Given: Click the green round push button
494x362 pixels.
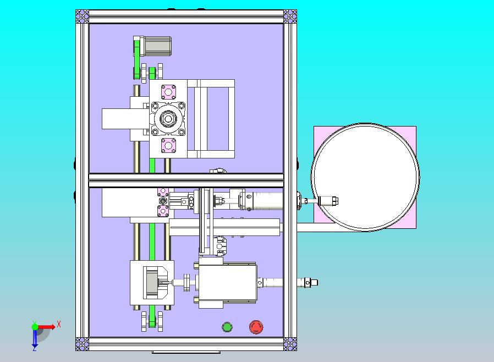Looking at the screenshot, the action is [227, 327].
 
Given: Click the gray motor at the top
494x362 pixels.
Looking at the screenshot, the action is [157, 46].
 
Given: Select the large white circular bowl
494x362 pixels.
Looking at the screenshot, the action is [365, 177].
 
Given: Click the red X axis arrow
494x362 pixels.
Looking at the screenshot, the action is [47, 327].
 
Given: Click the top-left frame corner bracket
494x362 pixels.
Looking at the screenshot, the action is [82, 17].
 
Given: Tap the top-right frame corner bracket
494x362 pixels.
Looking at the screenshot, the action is [290, 17].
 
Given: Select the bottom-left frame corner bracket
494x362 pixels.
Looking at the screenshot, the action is [82, 344].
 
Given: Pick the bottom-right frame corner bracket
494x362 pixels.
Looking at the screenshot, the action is [290, 344].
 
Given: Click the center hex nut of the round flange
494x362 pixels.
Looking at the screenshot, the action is [168, 119].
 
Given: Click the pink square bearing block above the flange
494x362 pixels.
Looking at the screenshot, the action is [168, 92].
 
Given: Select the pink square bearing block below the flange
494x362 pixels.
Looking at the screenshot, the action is [168, 146].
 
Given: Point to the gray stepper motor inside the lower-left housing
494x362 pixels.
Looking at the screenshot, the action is [152, 283].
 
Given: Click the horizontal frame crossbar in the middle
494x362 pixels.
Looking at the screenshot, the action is [186, 180].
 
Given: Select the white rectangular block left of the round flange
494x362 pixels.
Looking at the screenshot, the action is [116, 119].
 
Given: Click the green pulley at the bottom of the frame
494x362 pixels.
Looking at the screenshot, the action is [152, 321].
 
